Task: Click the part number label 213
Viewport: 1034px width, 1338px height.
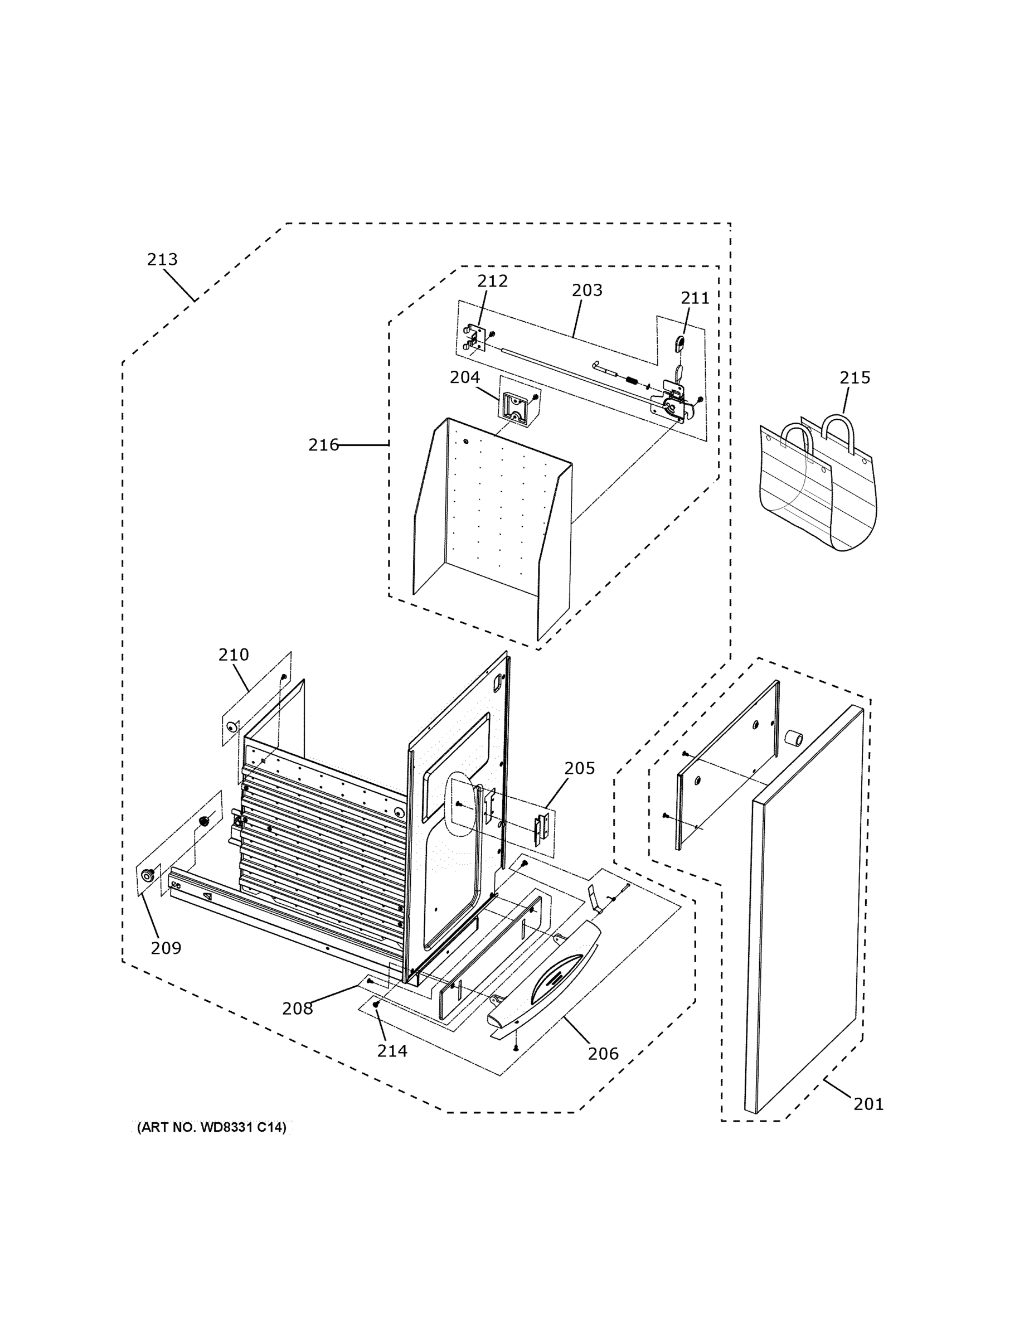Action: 162,260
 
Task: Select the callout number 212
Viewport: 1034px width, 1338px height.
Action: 493,280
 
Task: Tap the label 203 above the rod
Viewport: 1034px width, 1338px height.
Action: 587,290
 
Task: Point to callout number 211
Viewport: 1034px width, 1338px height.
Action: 695,298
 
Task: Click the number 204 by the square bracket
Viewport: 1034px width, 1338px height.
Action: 464,377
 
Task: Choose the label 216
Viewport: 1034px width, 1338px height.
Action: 323,445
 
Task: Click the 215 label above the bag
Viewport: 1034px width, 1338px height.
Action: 855,377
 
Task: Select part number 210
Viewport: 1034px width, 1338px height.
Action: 234,655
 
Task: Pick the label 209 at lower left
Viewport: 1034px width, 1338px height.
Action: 166,948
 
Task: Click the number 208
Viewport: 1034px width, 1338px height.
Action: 297,1009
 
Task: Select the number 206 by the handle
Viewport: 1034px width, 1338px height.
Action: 603,1054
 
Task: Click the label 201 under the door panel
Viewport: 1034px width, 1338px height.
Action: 868,1104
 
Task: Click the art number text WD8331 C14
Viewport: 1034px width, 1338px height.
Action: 211,1128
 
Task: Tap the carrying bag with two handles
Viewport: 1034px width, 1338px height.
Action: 817,484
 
